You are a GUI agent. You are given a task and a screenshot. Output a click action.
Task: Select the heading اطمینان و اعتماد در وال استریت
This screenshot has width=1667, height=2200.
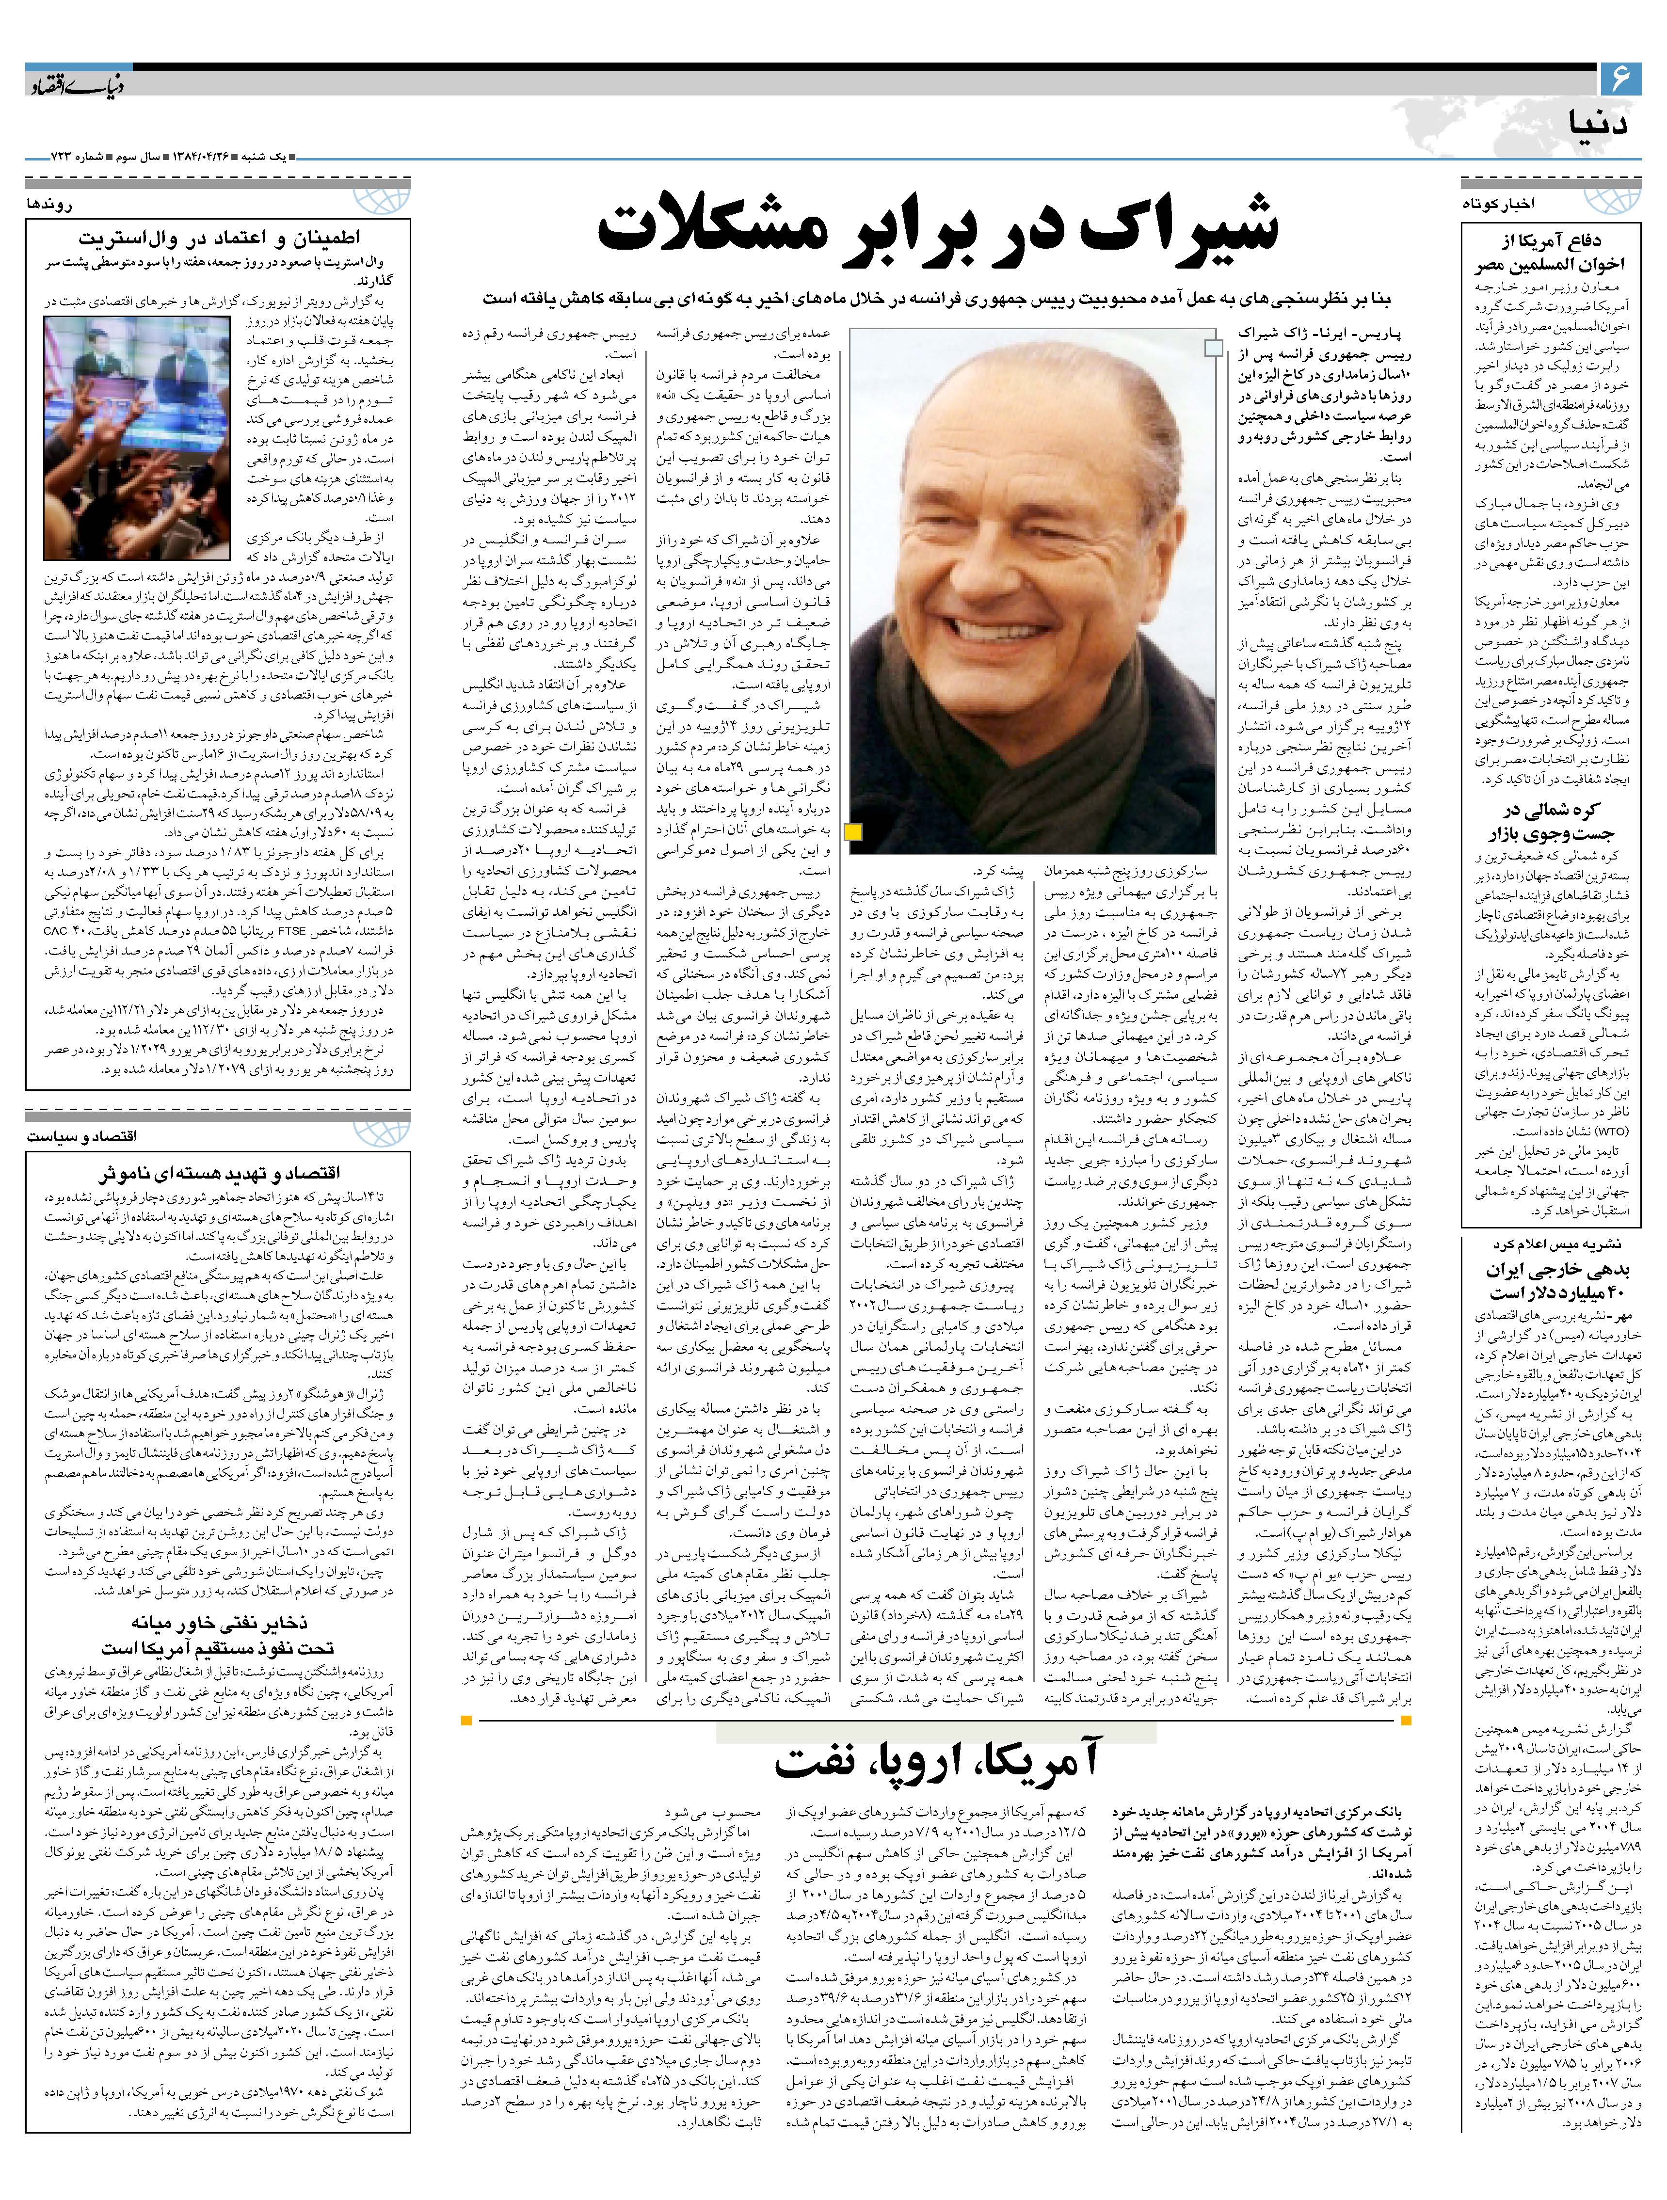[x=219, y=238]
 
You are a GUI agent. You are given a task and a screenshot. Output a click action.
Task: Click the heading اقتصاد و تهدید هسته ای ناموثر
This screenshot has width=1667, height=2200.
[x=219, y=1174]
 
